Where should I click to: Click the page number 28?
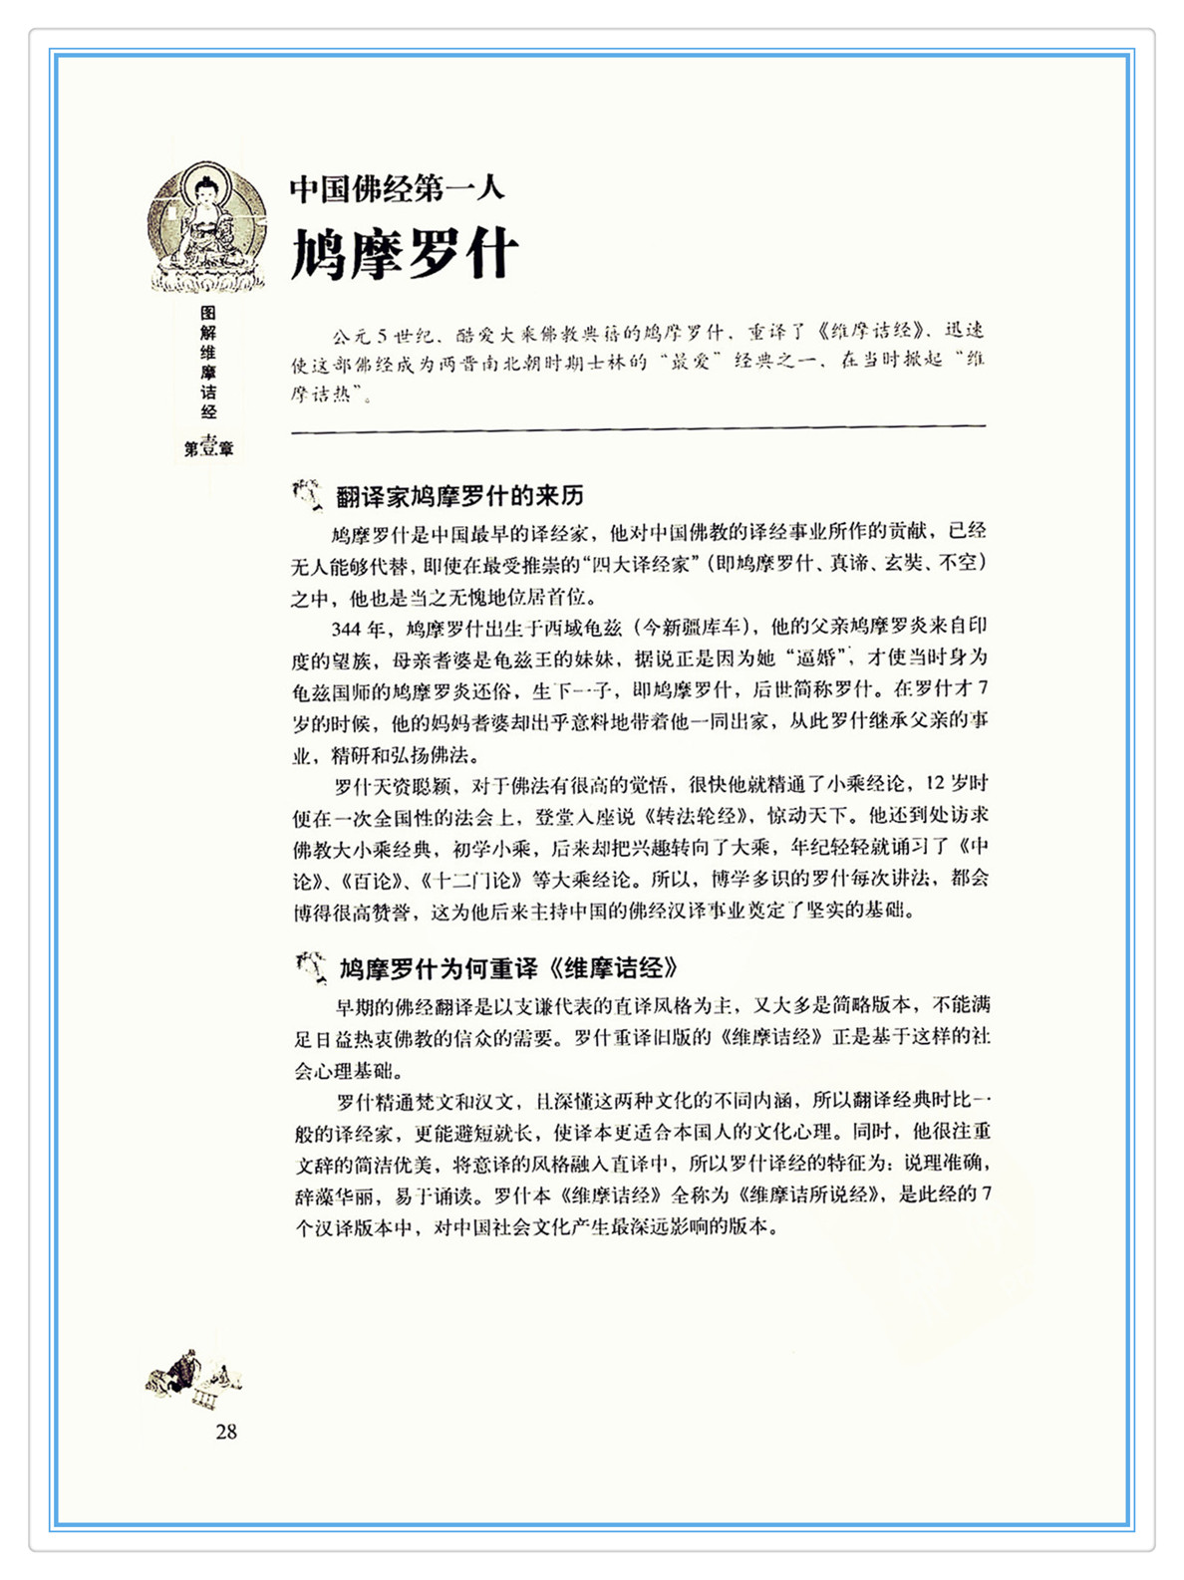click(226, 1432)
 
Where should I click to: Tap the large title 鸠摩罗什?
click(405, 254)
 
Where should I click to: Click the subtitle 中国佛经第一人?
click(398, 188)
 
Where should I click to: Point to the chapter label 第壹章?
click(208, 448)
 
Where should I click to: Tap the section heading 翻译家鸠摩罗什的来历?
click(459, 495)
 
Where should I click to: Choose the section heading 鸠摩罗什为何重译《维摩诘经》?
click(509, 968)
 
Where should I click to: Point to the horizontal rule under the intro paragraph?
click(638, 429)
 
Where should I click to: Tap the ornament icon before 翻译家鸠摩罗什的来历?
click(308, 493)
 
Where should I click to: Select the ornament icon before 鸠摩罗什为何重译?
click(310, 966)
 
